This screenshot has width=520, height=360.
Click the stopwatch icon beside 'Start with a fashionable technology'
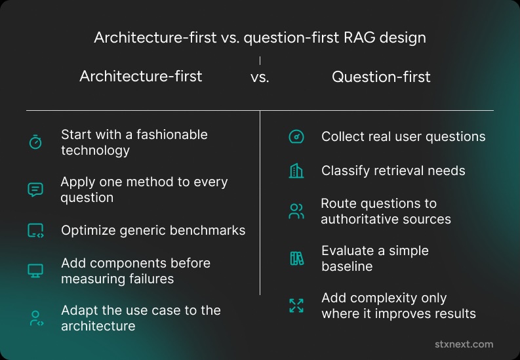coord(35,142)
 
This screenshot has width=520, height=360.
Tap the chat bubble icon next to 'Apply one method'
coord(35,190)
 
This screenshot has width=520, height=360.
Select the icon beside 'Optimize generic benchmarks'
coord(35,231)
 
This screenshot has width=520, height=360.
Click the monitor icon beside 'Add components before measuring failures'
coord(35,271)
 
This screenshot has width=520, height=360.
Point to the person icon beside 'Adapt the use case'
coord(36,318)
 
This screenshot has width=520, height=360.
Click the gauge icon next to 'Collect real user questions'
coord(296,136)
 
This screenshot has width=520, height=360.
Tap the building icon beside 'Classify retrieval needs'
coord(296,170)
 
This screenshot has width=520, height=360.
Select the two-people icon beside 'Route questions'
coord(296,212)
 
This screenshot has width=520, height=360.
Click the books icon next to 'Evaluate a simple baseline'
coord(297,258)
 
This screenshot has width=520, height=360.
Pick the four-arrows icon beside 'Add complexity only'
coord(296,306)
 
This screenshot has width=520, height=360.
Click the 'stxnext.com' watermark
coord(464,344)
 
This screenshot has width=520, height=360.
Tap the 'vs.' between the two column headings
coord(260,77)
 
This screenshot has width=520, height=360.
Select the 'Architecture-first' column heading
coord(140,76)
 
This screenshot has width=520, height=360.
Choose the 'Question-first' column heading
coord(381,77)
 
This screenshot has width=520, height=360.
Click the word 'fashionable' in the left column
coord(172,134)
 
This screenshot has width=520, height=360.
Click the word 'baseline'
coord(347,266)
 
